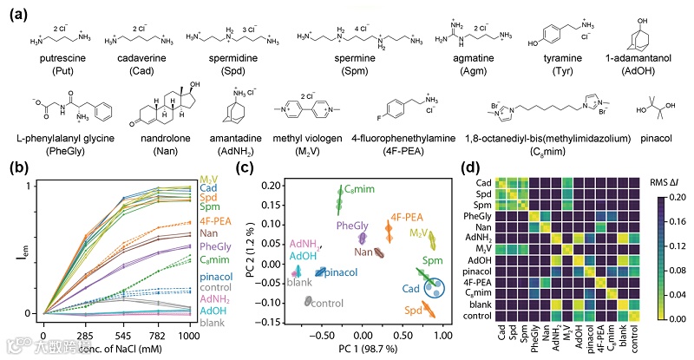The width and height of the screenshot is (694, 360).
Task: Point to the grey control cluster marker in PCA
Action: [309, 300]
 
